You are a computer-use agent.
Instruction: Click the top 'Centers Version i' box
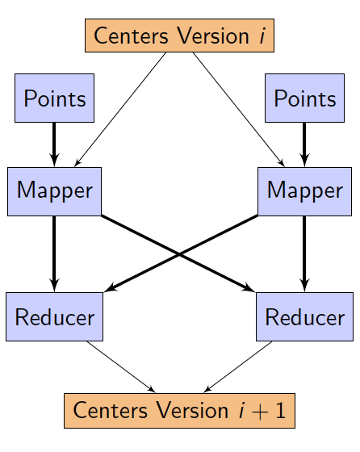point(179,36)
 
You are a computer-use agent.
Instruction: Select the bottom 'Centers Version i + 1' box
point(179,411)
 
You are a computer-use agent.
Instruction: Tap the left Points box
point(54,98)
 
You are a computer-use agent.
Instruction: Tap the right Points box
point(304,98)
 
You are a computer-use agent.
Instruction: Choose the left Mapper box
point(54,191)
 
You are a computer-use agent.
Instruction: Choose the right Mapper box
point(304,191)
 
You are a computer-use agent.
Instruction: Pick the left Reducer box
point(54,316)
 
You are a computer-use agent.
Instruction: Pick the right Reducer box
point(304,316)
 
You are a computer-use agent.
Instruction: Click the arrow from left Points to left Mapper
point(54,144)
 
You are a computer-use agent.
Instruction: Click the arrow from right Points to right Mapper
point(304,144)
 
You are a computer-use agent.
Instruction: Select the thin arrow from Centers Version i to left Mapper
point(120,110)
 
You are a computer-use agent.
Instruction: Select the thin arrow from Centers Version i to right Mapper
point(239,110)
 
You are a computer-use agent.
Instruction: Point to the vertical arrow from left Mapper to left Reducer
point(54,254)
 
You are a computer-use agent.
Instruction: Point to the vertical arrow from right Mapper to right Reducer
point(304,254)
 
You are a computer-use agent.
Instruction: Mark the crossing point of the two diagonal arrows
point(179,254)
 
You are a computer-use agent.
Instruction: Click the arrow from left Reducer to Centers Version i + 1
point(121,367)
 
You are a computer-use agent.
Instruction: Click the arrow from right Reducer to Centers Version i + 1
point(237,367)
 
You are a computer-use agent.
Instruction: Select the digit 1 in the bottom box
point(280,410)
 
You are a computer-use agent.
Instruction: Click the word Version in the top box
point(213,36)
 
